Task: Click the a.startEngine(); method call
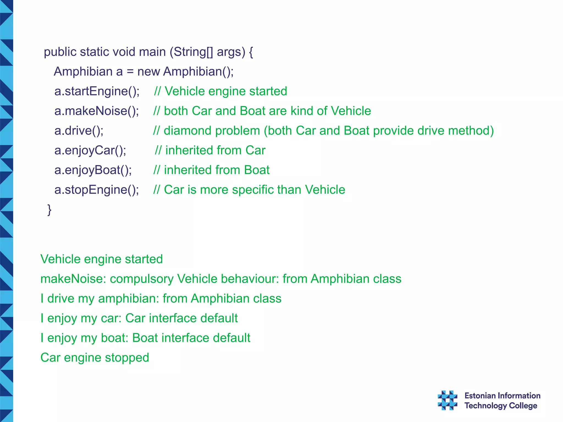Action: click(x=97, y=91)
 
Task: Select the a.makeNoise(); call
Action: click(x=96, y=111)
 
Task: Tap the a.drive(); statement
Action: click(x=79, y=131)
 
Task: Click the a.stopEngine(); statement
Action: click(x=96, y=190)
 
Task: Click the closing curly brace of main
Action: click(x=49, y=210)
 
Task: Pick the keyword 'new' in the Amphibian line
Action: click(x=148, y=72)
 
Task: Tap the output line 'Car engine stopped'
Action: click(x=95, y=358)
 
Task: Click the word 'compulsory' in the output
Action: click(x=142, y=279)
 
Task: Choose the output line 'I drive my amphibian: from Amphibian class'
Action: click(x=161, y=299)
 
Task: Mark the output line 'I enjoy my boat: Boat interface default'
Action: click(x=145, y=338)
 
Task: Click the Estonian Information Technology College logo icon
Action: click(x=447, y=400)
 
